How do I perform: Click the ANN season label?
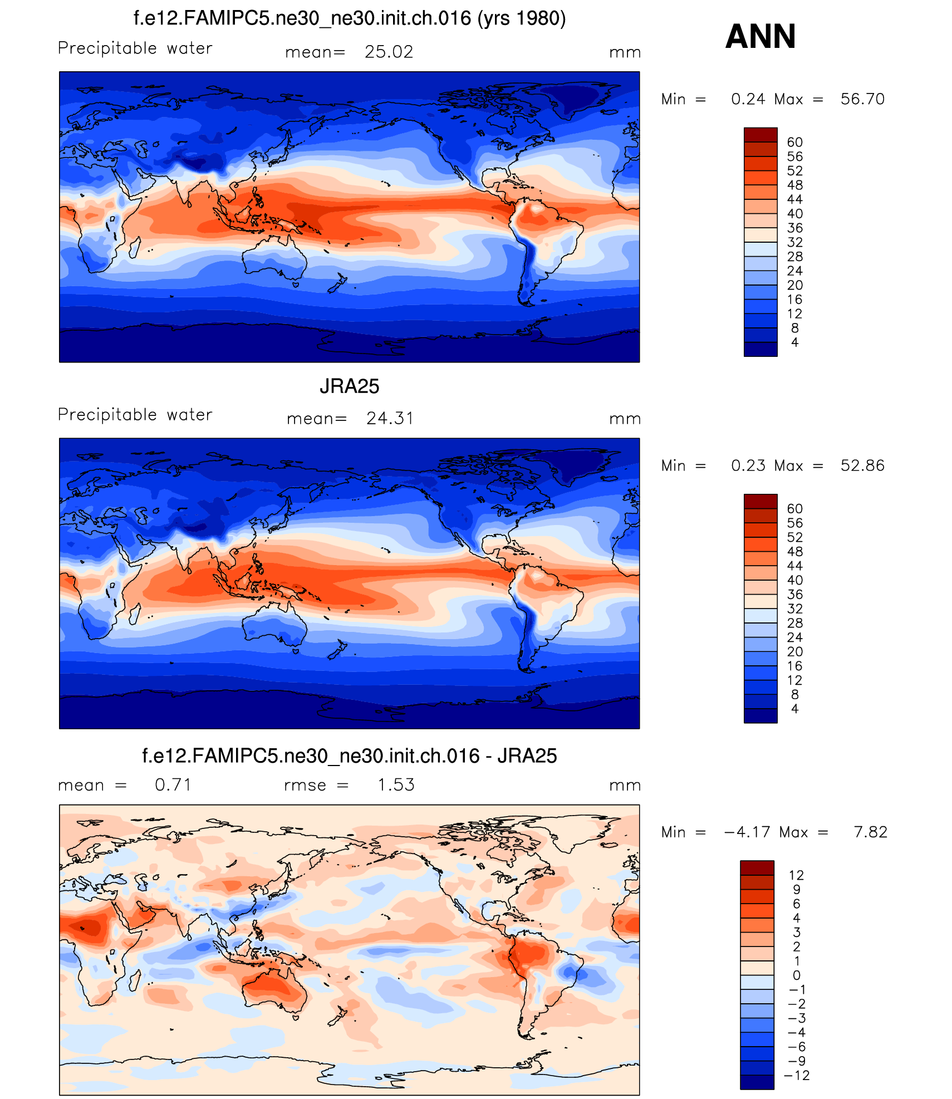(x=760, y=37)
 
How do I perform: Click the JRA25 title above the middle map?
(x=349, y=386)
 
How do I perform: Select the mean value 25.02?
(x=389, y=52)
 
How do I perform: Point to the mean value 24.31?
(x=390, y=418)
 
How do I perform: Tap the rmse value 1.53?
(x=396, y=785)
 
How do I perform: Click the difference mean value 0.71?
(x=173, y=785)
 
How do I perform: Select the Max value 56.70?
(x=862, y=99)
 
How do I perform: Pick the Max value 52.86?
(x=862, y=465)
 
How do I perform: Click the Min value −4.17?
(x=747, y=832)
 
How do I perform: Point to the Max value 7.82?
(x=870, y=832)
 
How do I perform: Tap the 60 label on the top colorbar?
(x=794, y=143)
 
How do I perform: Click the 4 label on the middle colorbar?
(x=794, y=709)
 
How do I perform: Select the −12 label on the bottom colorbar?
(x=796, y=1076)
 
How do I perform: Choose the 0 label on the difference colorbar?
(x=796, y=975)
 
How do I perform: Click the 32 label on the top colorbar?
(x=794, y=242)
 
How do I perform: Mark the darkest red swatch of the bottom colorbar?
(x=757, y=868)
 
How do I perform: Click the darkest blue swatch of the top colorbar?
(x=760, y=349)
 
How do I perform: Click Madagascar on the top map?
(x=134, y=247)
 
